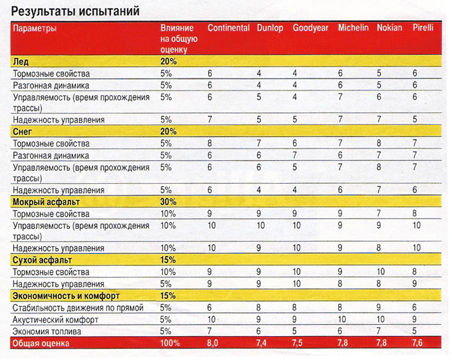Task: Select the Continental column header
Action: pos(228,29)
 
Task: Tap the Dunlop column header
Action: pos(270,29)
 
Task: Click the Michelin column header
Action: pos(353,29)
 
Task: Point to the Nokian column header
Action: pos(390,29)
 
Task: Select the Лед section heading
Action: pos(21,61)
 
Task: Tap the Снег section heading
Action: pos(24,131)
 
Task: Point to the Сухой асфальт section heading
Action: pos(42,260)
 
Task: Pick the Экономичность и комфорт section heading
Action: pos(64,295)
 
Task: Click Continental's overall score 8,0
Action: pos(213,343)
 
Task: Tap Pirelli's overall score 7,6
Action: pos(417,343)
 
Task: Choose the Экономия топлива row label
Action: pos(51,331)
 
